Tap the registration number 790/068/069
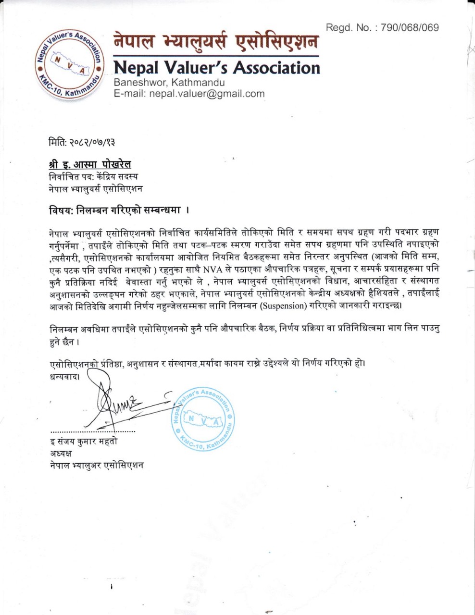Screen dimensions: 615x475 tap(409, 28)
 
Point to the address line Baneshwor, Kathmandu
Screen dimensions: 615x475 tap(169, 83)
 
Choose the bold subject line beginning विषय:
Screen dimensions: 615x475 tap(118, 210)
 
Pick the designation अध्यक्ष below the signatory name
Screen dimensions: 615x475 tap(60, 453)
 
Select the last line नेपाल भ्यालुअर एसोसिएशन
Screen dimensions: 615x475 tap(96, 465)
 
